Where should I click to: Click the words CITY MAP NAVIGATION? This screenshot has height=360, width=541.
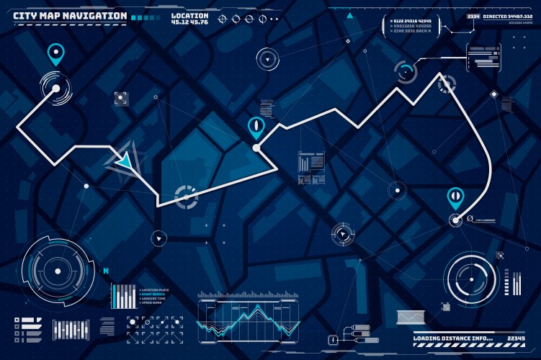(71, 16)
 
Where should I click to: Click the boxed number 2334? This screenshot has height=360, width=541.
(473, 15)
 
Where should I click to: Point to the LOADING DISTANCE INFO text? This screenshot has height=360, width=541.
(452, 338)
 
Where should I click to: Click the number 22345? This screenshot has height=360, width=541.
(516, 338)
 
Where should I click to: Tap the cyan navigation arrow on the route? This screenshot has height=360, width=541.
(125, 162)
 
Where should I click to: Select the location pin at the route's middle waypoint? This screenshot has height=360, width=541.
(255, 127)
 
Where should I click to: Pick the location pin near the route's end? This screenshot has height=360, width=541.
(455, 196)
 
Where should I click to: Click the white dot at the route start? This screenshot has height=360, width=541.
(55, 89)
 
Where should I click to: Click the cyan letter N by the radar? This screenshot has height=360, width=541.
(106, 271)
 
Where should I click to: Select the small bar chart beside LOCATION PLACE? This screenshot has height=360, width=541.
(123, 295)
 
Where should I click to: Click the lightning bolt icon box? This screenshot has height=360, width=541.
(334, 339)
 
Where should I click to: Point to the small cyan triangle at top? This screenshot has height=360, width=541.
(350, 14)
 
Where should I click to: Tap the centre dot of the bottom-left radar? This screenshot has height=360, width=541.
(58, 271)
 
